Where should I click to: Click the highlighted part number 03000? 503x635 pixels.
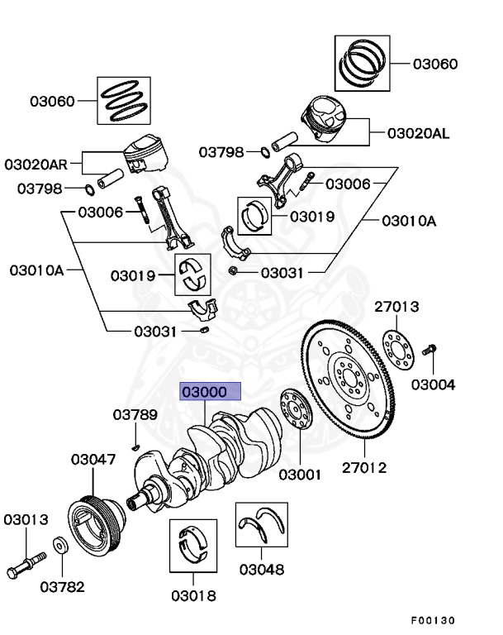204,392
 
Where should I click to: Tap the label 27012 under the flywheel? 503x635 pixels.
364,468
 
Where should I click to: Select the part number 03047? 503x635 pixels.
93,459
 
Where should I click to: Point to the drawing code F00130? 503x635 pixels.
433,620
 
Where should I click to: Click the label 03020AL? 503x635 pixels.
419,133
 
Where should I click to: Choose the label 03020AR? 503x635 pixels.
36,165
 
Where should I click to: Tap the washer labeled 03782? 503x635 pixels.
60,546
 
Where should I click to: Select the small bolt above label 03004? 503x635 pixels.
429,350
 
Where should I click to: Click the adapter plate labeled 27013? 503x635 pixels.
398,351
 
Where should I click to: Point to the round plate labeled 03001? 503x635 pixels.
297,408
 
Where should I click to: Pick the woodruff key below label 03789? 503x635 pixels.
136,447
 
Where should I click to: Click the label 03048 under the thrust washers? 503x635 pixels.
262,570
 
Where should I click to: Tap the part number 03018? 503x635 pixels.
193,595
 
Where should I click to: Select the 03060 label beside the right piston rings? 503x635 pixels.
435,64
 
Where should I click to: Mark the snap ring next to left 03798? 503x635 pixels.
90,189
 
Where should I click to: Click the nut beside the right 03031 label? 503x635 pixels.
233,270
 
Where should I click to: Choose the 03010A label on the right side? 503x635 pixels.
409,221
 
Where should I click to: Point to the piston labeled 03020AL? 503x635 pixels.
324,119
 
